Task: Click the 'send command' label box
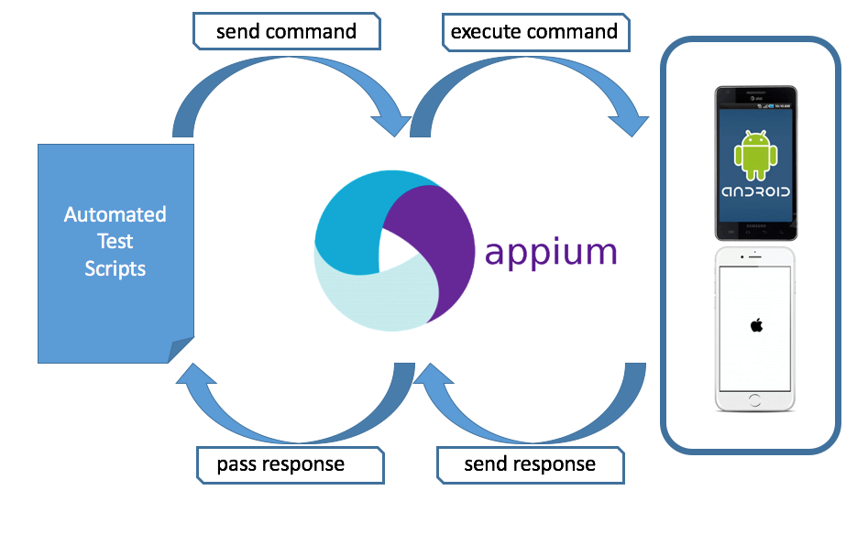[286, 32]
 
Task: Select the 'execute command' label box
[533, 32]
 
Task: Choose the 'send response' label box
[530, 464]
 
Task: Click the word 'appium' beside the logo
[551, 251]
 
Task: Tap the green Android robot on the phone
[755, 154]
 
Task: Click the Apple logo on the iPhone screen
[756, 324]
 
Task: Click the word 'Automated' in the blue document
[115, 215]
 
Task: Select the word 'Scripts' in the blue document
[115, 268]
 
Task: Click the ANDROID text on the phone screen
[756, 192]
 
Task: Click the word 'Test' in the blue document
[115, 242]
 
